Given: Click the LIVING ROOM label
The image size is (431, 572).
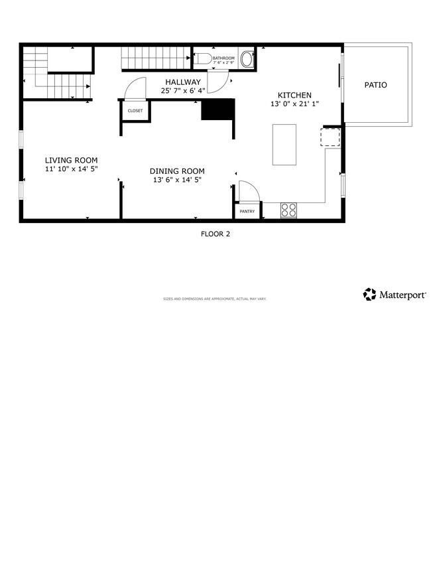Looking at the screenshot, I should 71,160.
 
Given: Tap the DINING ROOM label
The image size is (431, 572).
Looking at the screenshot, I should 176,171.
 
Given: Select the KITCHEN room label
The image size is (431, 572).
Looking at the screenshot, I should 294,95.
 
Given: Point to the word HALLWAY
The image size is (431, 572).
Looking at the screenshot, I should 183,82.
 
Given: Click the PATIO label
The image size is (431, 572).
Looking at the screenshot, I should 376,85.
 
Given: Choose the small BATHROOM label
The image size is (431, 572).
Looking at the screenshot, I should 223,58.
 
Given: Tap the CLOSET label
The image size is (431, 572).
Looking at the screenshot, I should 135,111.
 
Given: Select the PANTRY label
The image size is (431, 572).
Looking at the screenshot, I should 247,212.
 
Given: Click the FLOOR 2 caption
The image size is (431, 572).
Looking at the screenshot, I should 215,234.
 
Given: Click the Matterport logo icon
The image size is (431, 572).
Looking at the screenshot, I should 369,294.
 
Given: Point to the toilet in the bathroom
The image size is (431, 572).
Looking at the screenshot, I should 204,59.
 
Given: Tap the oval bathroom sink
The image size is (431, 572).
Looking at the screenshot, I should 247,59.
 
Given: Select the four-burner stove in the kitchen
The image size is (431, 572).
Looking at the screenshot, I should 288,210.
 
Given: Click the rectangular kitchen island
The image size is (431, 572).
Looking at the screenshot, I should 285,144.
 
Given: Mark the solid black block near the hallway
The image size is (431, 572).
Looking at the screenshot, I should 218,109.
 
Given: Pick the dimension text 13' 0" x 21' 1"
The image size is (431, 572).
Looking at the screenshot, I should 294,104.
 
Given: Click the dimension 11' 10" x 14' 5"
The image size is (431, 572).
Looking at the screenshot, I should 71,169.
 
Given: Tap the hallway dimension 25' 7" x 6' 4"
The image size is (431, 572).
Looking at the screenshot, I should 183,91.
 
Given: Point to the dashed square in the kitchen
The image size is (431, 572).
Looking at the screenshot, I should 330,137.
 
